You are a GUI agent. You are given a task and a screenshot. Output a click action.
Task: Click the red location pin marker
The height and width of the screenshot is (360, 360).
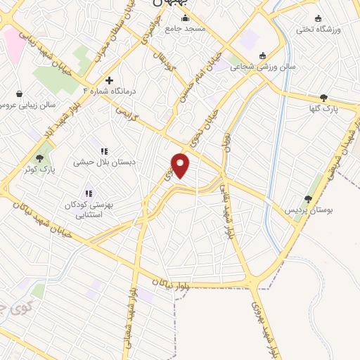pos(181,165)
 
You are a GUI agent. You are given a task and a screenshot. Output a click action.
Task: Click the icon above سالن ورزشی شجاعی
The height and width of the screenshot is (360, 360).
pos(263,56)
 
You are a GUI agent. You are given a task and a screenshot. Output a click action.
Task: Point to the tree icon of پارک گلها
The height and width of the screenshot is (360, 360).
pos(323,98)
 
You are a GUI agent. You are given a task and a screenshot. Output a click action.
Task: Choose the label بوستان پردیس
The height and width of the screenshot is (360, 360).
pos(307,210)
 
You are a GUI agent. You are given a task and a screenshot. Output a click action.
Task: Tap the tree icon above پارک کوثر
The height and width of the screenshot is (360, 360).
pos(39,158)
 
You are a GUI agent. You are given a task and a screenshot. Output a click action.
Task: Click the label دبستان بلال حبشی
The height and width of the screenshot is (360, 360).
pos(105,161)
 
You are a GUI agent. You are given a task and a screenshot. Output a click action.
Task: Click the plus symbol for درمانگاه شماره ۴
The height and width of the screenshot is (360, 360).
pos(109,80)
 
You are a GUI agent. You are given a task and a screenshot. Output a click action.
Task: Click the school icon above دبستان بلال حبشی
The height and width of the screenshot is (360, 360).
pos(105,150)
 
